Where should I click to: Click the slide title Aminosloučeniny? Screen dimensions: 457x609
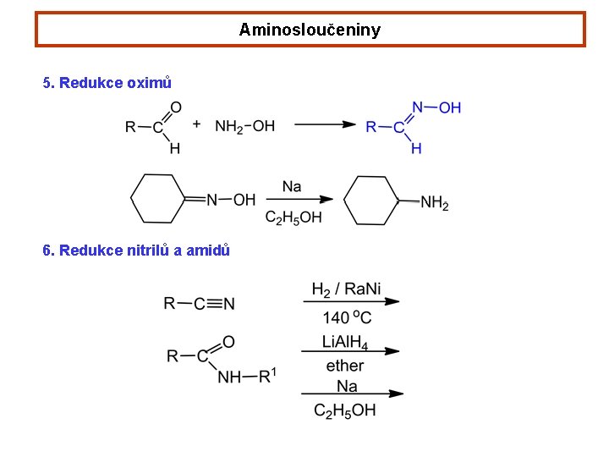(x=310, y=30)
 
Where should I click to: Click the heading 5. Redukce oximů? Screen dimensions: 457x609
(x=107, y=83)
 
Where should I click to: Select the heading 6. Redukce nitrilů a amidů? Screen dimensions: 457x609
(x=136, y=251)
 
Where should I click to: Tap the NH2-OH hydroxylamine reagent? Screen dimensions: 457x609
(x=244, y=126)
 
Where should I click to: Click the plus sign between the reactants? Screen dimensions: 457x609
(x=197, y=124)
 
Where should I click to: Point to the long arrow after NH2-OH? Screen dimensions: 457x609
(x=325, y=124)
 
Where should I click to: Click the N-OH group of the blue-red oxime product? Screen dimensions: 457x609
(x=436, y=107)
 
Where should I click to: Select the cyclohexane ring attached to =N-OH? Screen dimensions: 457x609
(x=158, y=200)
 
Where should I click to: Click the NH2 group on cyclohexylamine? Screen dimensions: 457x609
(x=434, y=203)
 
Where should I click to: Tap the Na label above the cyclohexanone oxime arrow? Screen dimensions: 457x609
(x=292, y=186)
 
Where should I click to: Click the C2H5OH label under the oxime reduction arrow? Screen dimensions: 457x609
(x=294, y=217)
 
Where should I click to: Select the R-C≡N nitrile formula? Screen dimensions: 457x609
(x=200, y=303)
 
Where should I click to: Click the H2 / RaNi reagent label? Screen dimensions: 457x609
(x=346, y=289)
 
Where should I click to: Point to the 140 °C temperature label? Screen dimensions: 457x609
(x=347, y=318)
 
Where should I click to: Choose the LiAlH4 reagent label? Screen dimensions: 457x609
(x=346, y=341)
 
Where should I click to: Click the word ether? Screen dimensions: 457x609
(x=345, y=366)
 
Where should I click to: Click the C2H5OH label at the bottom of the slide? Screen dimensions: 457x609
(x=344, y=410)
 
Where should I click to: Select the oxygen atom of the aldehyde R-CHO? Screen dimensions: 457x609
(x=176, y=107)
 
